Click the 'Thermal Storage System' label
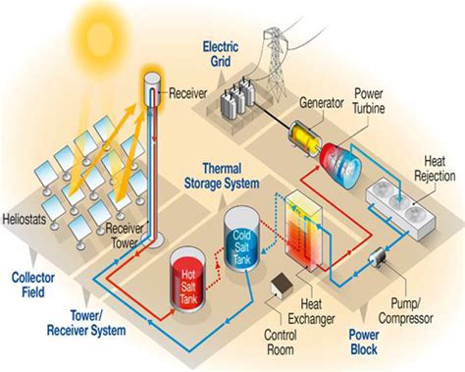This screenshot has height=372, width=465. tap(223, 176)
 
